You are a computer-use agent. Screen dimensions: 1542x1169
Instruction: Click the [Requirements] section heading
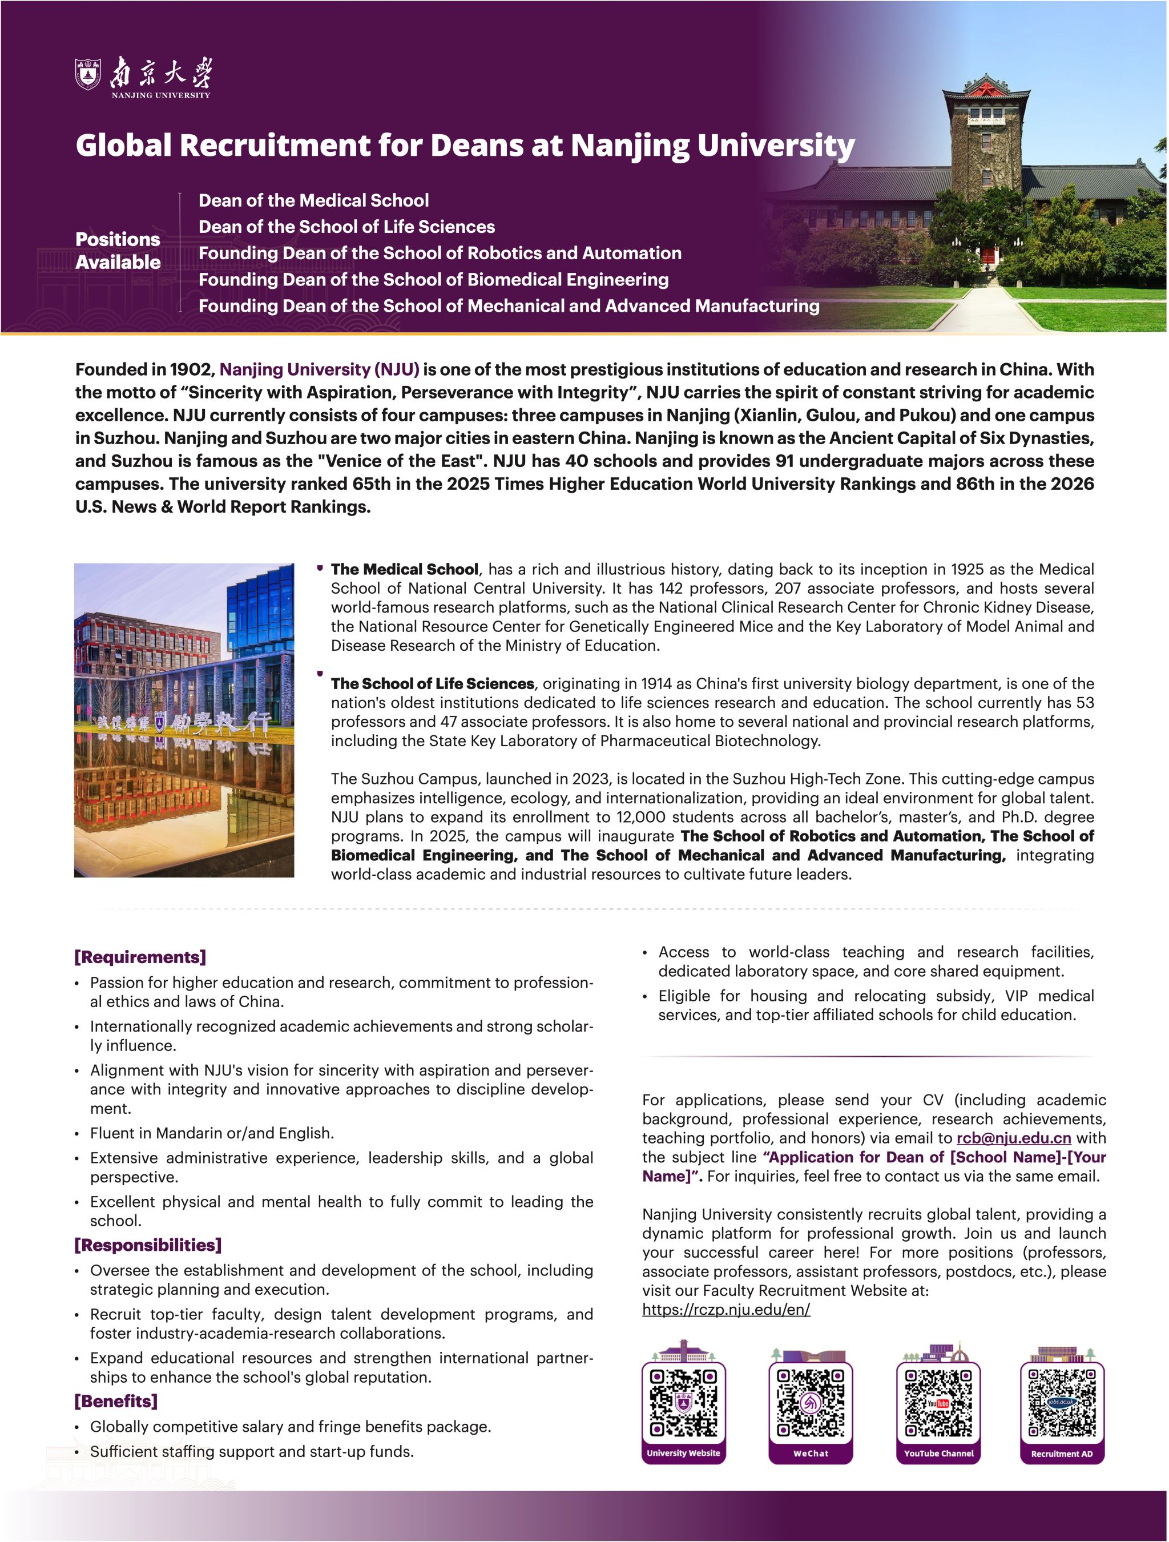140,957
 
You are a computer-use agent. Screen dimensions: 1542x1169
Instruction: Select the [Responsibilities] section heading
148,1245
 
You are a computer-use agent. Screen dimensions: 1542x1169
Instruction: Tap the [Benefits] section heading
116,1400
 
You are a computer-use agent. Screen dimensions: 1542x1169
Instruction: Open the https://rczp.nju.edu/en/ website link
725,1309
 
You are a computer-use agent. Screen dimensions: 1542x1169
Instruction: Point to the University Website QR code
683,1402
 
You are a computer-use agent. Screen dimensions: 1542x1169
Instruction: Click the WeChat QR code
811,1402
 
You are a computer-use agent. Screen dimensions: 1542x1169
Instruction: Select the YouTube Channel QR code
938,1402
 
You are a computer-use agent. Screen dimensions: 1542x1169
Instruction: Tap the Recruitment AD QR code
1062,1402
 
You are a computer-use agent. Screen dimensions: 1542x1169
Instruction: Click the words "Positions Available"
118,250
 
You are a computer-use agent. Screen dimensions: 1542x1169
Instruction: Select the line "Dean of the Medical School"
314,201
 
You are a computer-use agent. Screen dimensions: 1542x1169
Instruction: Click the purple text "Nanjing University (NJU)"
319,369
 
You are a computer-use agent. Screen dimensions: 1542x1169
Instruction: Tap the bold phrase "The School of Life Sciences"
432,683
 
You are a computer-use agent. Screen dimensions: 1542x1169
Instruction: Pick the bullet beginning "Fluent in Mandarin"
212,1133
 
